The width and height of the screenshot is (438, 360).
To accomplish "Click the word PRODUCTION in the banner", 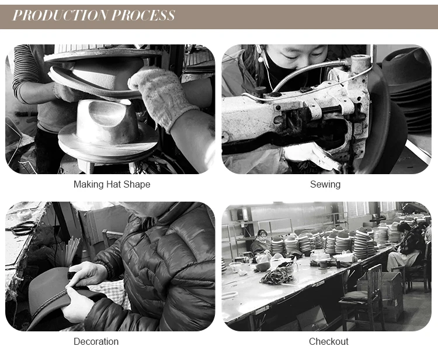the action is tap(61, 15).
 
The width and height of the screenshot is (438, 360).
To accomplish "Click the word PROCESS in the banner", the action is tap(143, 15).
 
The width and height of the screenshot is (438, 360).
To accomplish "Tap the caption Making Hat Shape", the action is tap(112, 185).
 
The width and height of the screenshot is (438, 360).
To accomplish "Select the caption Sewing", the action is tap(325, 185).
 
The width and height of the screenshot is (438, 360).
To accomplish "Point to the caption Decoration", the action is tap(96, 341).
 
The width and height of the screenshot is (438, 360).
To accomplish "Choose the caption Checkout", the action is tap(328, 341).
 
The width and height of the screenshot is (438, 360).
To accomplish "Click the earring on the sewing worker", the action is tap(260, 59).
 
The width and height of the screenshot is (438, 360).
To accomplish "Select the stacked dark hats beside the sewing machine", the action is tap(406, 89).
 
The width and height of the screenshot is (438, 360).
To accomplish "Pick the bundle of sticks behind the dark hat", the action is tap(67, 251).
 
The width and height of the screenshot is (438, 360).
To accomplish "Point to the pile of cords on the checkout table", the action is tap(277, 276).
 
